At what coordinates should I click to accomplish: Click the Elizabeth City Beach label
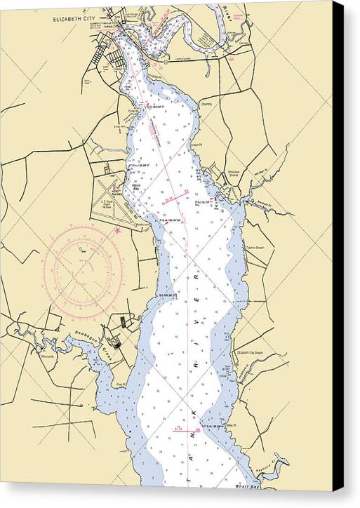click(250, 352)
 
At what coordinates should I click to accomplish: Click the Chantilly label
click(206, 103)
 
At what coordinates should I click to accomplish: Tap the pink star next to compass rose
click(117, 229)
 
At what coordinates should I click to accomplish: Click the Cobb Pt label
click(133, 110)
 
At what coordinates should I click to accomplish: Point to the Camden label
click(244, 41)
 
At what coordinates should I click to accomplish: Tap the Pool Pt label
click(121, 385)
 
